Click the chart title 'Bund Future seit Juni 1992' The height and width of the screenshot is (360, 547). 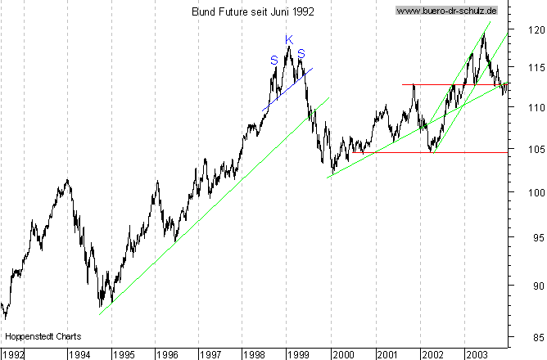tap(252, 11)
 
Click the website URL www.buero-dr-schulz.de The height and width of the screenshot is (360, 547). tap(446, 11)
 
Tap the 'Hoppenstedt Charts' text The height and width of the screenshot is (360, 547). tap(38, 336)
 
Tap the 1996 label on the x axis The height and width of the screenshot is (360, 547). tap(168, 354)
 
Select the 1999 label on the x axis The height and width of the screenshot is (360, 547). tap(298, 354)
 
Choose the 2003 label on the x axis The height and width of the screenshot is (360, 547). tap(477, 354)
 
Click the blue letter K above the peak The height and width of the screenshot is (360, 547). tap(289, 39)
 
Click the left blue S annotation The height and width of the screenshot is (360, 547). tap(273, 59)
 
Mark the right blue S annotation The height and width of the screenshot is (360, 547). tap(301, 54)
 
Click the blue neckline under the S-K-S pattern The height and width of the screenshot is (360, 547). tap(287, 89)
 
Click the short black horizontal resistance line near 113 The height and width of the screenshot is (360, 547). tap(450, 84)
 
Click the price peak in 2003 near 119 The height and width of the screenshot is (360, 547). tap(484, 34)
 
